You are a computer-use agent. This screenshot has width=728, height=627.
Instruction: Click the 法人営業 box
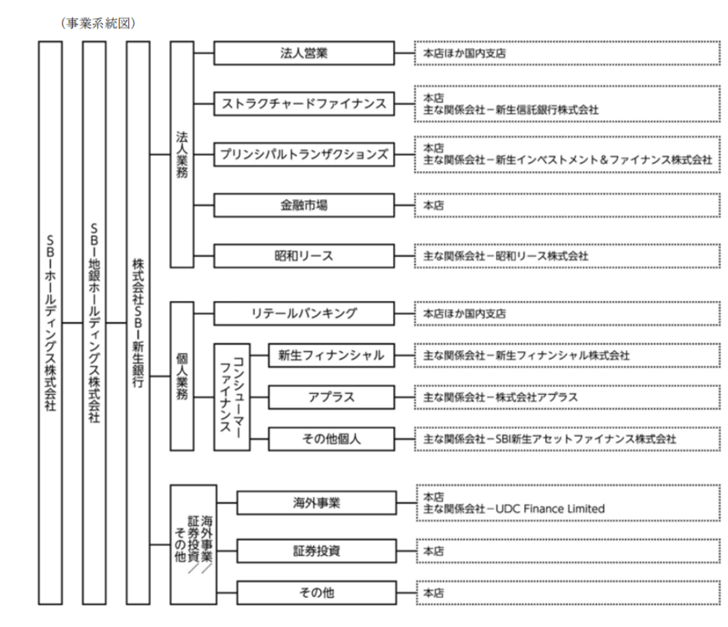pos(303,53)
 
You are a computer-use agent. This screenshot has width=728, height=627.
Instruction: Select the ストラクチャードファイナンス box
pos(303,104)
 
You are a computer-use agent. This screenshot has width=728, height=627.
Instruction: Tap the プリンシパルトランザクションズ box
pos(303,155)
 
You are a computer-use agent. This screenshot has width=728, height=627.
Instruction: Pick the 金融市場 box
pos(303,206)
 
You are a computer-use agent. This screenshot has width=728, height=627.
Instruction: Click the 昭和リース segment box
pos(303,256)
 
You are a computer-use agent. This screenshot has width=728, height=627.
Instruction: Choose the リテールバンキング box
pos(303,314)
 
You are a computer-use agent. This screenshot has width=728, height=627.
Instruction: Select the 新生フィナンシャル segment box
pos(331,355)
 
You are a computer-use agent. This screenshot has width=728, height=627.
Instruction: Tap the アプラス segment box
pos(331,398)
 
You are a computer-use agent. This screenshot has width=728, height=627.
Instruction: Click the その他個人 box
pos(331,439)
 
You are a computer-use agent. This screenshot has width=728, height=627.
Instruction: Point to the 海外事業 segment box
pos(316,501)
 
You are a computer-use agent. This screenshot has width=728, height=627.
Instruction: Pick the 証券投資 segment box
pos(316,551)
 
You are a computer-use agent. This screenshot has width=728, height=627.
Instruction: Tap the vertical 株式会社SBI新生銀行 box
pos(139,323)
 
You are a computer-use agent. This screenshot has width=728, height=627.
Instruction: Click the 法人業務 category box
pos(182,154)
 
